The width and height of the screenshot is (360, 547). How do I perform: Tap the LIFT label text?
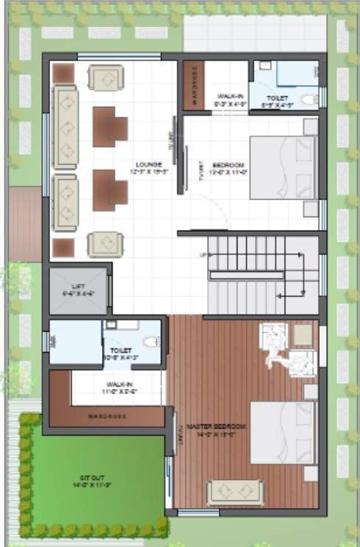pyautogui.click(x=79, y=285)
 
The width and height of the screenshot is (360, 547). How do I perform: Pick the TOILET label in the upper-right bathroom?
pyautogui.click(x=278, y=98)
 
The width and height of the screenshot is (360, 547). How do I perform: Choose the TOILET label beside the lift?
pyautogui.click(x=120, y=351)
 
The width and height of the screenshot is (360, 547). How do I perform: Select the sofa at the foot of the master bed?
pyautogui.click(x=234, y=491)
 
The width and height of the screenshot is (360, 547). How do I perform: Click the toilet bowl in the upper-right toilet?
pyautogui.click(x=310, y=98)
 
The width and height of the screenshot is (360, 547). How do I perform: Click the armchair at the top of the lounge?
pyautogui.click(x=106, y=76)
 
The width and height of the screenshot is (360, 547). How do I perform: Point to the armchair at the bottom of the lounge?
pyautogui.click(x=105, y=243)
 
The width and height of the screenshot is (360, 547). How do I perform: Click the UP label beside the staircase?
pyautogui.click(x=202, y=254)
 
